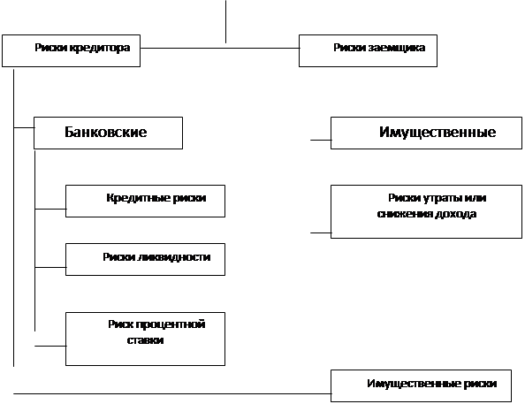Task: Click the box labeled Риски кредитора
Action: (71, 50)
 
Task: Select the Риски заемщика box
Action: (368, 50)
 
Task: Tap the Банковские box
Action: (108, 133)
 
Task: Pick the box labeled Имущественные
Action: (426, 133)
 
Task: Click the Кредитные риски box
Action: (145, 201)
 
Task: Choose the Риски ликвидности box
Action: (145, 259)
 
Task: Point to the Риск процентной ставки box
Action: (145, 339)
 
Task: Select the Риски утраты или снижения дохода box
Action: (426, 211)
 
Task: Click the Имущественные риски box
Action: (421, 385)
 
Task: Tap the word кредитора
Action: (100, 48)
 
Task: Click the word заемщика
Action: (397, 48)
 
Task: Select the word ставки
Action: (145, 340)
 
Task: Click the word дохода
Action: (456, 214)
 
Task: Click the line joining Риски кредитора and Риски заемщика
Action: (220, 48)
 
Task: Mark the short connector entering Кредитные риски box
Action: (50, 209)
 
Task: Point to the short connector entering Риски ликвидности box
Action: (50, 267)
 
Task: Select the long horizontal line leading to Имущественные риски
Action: (172, 393)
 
